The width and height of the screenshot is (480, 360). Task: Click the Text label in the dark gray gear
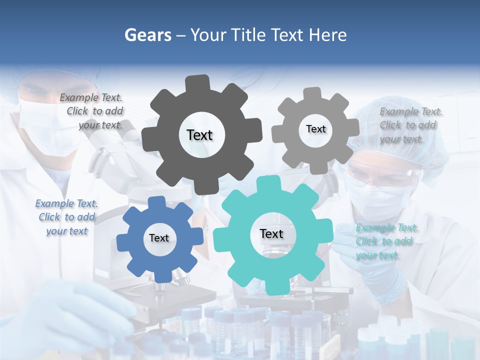[199, 135]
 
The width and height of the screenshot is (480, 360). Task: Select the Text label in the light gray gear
[315, 129]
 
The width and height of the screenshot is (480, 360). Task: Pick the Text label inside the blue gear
[159, 238]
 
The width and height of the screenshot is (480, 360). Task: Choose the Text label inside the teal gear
[271, 234]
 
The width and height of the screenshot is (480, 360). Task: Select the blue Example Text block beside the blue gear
[66, 217]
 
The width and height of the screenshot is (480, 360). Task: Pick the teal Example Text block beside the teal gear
[386, 241]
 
